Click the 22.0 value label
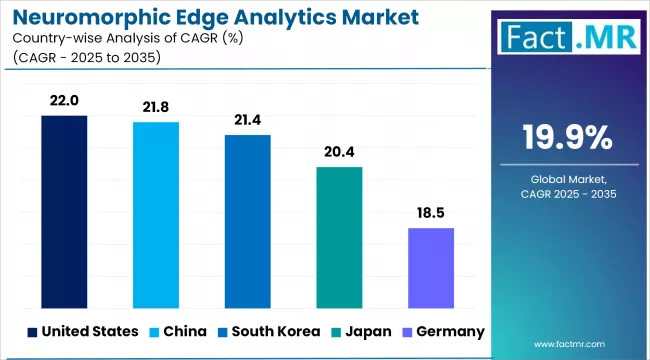[64, 102]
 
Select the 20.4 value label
[339, 153]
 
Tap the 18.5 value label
[431, 214]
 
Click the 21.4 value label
[247, 121]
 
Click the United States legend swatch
[32, 331]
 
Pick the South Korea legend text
[274, 331]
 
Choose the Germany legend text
[449, 331]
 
